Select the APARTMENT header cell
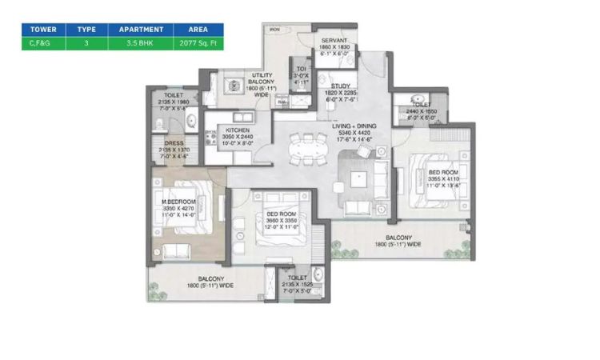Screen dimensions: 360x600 [x=142, y=29]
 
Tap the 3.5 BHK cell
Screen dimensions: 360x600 [x=142, y=42]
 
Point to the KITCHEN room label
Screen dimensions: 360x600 [x=238, y=130]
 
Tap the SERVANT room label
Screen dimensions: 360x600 [x=333, y=42]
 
